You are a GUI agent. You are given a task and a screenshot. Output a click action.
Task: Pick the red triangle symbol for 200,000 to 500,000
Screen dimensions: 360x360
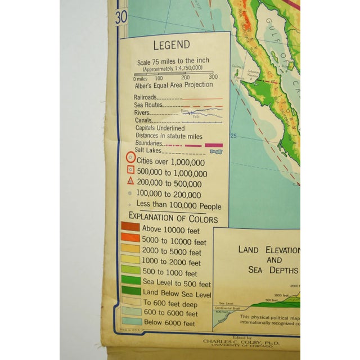pyautogui.click(x=130, y=181)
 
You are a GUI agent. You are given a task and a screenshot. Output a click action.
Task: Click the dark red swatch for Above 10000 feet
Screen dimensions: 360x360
pyautogui.click(x=130, y=228)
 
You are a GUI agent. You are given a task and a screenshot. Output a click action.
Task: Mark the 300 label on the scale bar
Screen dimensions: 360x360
pyautogui.click(x=213, y=78)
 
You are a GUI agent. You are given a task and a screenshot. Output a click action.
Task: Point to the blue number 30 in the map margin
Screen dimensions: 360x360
pyautogui.click(x=121, y=16)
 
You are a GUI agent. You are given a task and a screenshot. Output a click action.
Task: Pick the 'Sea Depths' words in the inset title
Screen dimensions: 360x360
pyautogui.click(x=273, y=269)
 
